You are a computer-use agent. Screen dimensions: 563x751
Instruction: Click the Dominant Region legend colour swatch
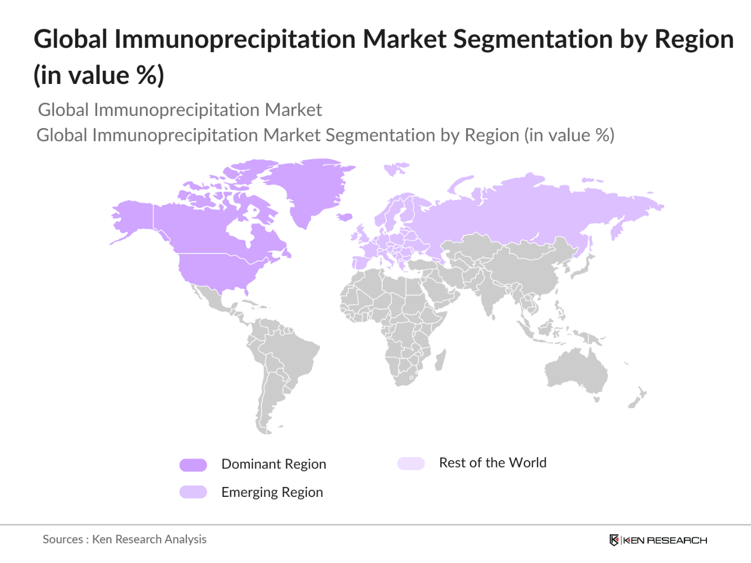[193, 465]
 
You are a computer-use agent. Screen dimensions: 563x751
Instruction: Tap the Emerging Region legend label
[272, 492]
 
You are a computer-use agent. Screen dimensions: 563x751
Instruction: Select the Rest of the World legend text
[492, 463]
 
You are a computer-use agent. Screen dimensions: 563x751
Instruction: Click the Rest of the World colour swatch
[411, 463]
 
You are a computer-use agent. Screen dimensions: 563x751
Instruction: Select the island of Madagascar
[441, 360]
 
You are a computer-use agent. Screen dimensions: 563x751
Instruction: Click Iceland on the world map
[345, 217]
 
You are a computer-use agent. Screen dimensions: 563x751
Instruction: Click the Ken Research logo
[658, 540]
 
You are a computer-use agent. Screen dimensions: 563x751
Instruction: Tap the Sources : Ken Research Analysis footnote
[124, 539]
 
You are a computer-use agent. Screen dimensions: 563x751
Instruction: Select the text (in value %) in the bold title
[99, 75]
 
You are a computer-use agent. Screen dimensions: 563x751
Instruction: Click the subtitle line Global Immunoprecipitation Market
[180, 110]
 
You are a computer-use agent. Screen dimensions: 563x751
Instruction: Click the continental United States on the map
[215, 270]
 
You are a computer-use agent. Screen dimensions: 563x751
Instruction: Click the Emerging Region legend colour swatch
[193, 492]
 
